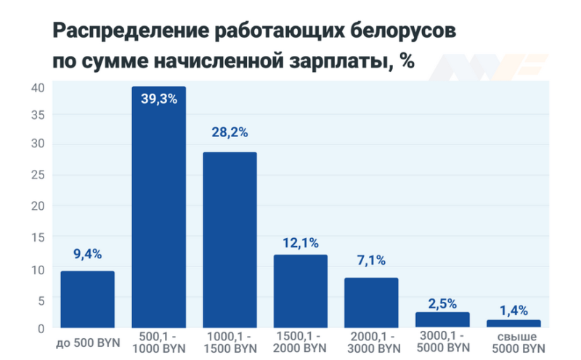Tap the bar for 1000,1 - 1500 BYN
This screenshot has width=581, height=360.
pyautogui.click(x=229, y=240)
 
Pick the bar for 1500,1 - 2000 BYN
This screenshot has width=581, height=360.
pyautogui.click(x=300, y=291)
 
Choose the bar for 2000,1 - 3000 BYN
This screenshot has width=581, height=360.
pyautogui.click(x=371, y=303)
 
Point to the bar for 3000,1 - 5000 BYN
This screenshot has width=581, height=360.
pyautogui.click(x=442, y=319)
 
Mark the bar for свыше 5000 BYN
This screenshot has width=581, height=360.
pyautogui.click(x=513, y=323)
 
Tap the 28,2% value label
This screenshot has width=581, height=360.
pyautogui.click(x=229, y=132)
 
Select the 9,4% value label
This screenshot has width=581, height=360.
pyautogui.click(x=87, y=254)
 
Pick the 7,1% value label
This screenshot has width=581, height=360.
pyautogui.click(x=371, y=261)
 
